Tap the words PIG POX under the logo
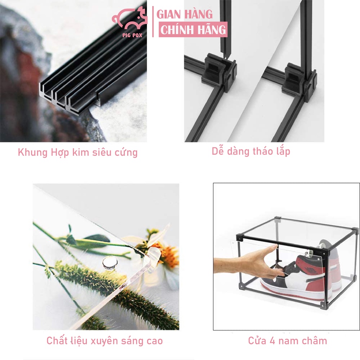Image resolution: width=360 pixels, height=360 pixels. (x=132, y=35)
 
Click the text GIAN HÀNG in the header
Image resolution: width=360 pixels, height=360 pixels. (x=185, y=14)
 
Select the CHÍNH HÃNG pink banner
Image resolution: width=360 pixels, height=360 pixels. (x=193, y=30)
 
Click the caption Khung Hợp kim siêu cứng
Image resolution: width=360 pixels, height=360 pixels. (x=78, y=153)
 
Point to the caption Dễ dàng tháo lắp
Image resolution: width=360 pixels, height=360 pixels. (x=251, y=151)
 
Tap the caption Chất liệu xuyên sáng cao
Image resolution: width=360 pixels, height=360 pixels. (x=105, y=341)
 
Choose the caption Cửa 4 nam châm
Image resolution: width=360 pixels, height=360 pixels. (x=288, y=341)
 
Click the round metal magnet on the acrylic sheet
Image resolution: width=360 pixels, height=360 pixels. (x=110, y=262)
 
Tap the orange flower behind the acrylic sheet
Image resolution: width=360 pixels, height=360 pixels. (x=166, y=255)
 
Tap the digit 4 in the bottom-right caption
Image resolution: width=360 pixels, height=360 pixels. (x=272, y=341)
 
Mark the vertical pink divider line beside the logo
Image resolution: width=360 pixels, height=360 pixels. (x=153, y=21)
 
